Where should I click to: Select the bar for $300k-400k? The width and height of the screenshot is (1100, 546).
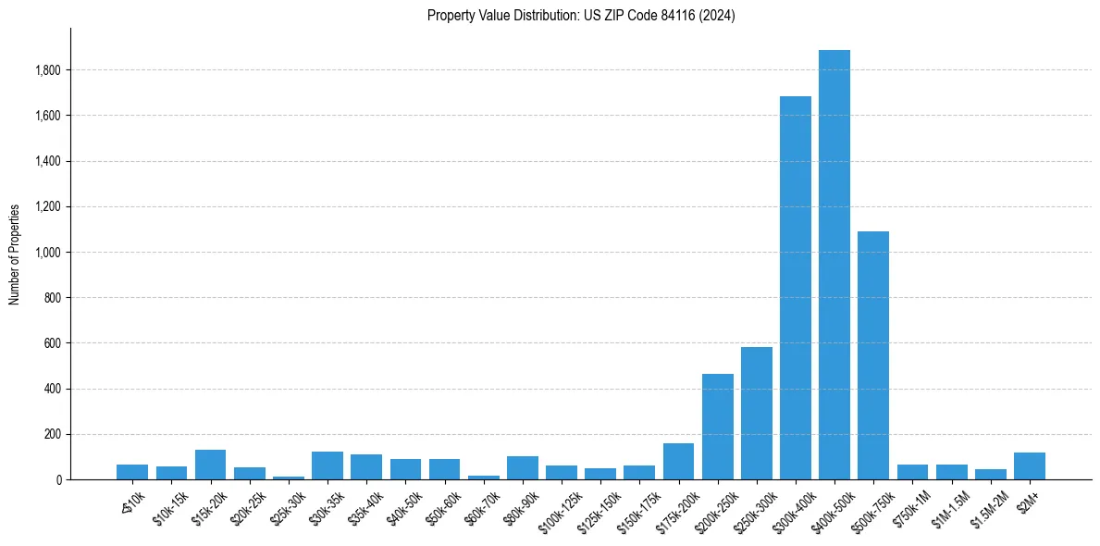[796, 288]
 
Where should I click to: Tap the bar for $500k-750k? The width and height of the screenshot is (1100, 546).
[873, 355]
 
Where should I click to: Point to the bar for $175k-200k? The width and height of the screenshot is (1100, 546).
[678, 462]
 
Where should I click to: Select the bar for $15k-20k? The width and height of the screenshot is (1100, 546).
[211, 465]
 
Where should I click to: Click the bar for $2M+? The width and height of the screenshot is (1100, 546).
[1030, 466]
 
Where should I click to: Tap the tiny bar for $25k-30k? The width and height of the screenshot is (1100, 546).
[289, 478]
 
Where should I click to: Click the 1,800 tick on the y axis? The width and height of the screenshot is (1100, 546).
[48, 70]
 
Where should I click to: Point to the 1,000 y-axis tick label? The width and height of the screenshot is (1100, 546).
[48, 253]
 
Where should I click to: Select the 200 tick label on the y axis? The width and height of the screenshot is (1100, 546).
[54, 435]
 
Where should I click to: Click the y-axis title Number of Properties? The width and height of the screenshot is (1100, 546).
[15, 254]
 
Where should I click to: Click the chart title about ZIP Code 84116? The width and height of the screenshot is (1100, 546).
[581, 16]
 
